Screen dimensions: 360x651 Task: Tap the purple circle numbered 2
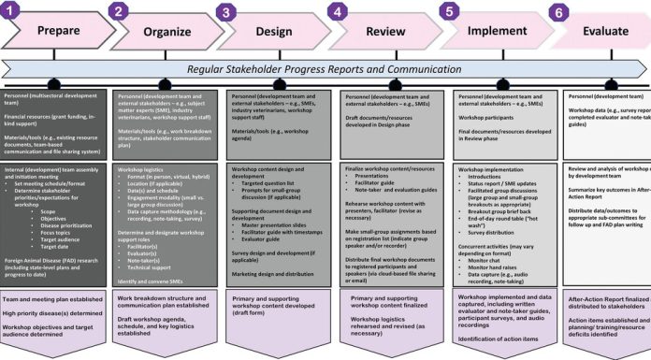click(x=118, y=10)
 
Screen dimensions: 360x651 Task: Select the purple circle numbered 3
click(x=226, y=11)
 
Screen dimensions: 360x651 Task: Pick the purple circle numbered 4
click(x=337, y=11)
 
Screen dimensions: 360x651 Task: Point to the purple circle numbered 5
click(x=450, y=11)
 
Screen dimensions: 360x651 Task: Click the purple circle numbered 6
click(x=558, y=12)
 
